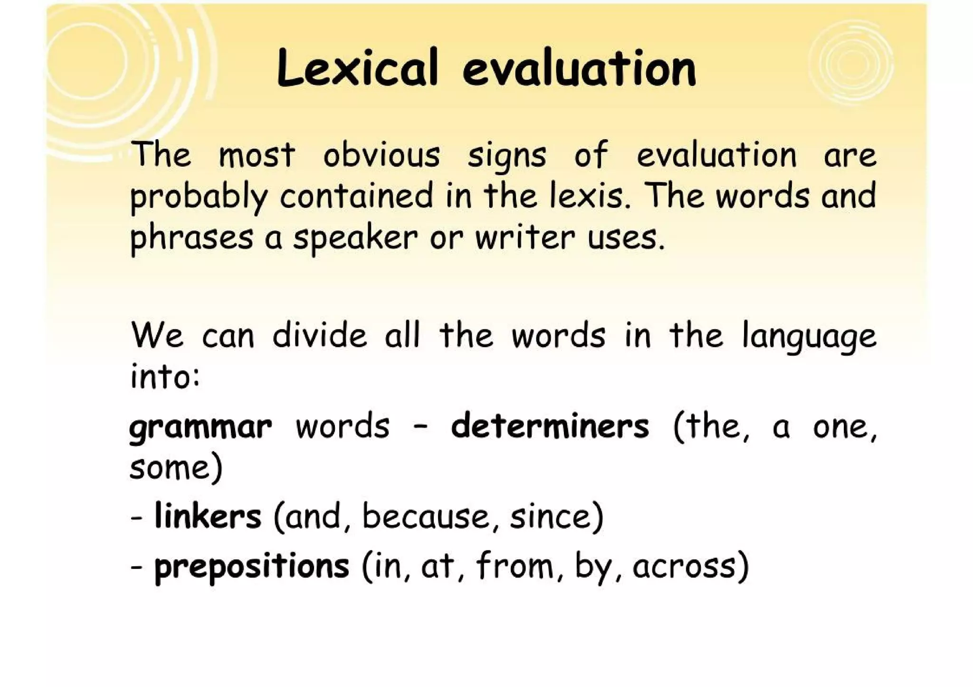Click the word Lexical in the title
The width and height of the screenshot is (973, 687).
click(356, 69)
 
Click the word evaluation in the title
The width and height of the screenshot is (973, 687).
click(579, 69)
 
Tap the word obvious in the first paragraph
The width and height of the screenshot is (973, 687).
click(382, 155)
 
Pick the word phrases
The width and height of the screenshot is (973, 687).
click(191, 238)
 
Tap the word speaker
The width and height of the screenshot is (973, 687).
click(355, 238)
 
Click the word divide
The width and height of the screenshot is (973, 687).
click(320, 335)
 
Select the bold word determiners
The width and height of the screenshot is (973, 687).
click(550, 426)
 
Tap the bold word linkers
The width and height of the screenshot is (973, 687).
click(208, 516)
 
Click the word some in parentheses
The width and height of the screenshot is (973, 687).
click(169, 468)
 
